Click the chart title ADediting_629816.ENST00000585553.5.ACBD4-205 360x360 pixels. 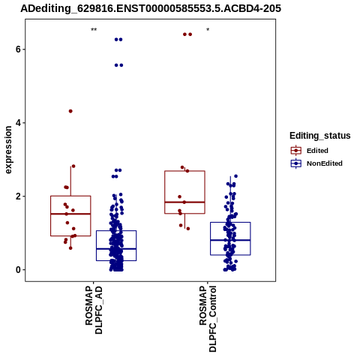[x=151, y=8]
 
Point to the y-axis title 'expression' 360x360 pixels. [x=8, y=150]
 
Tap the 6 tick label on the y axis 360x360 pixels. [x=18, y=49]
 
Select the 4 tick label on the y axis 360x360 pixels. [x=18, y=123]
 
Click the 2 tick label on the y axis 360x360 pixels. [x=18, y=196]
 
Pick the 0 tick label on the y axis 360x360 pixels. [x=18, y=270]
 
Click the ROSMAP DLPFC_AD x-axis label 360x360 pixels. [x=94, y=310]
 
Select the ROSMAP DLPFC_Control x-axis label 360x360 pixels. [x=208, y=319]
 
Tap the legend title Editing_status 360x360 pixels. [x=320, y=136]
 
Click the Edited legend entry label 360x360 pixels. [x=317, y=151]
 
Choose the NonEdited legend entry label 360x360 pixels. [x=325, y=163]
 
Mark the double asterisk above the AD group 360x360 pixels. [x=94, y=30]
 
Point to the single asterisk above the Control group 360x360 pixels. [x=208, y=30]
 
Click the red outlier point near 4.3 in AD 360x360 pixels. [x=70, y=111]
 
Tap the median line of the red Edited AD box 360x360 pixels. [x=70, y=214]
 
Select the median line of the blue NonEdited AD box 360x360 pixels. [x=116, y=249]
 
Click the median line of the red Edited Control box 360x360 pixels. [x=184, y=202]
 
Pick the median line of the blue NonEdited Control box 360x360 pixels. [x=230, y=240]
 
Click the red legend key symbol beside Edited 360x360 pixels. [x=296, y=151]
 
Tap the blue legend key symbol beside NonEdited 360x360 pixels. [x=296, y=163]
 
